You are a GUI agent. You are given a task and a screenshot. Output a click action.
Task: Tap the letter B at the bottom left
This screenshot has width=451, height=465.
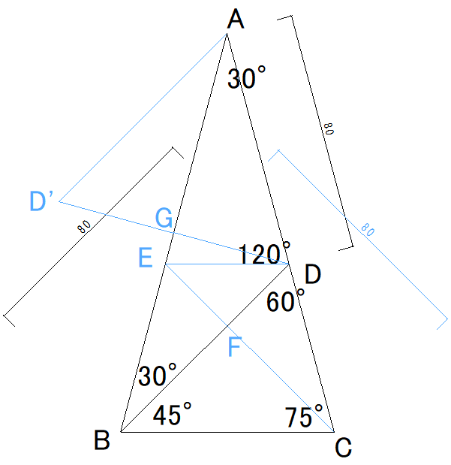point(102,440)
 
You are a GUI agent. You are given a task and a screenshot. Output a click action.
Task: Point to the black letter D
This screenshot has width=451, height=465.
point(313,276)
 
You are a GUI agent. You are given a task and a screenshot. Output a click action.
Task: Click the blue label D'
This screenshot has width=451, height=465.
point(41,201)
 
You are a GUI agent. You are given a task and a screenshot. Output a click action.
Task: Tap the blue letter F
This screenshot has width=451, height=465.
point(235,349)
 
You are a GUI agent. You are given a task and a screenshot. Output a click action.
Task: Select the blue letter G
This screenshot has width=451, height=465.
point(164,219)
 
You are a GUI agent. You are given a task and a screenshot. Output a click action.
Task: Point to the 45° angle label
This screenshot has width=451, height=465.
point(172,414)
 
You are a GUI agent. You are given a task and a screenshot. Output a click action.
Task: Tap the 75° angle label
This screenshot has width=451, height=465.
point(303,416)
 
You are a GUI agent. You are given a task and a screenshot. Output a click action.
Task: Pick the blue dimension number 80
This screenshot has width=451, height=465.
point(367,231)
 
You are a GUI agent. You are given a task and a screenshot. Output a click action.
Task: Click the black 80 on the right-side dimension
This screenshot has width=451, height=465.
point(327,128)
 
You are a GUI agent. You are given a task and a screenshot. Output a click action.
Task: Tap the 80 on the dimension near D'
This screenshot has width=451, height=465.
point(84,226)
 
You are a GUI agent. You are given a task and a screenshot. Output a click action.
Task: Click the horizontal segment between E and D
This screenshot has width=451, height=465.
point(225,264)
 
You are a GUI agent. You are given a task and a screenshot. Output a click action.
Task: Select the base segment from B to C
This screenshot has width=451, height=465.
point(225,433)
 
